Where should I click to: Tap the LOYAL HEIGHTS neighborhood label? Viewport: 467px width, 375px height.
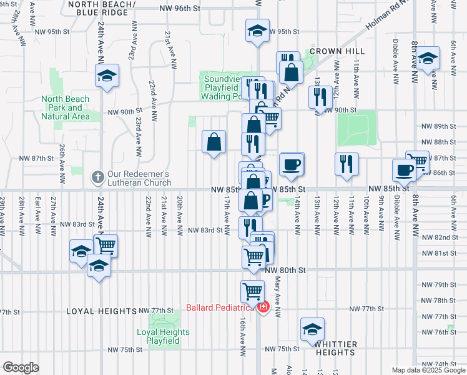pyautogui.click(x=102, y=311)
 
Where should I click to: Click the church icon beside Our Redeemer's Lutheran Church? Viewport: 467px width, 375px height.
pyautogui.click(x=97, y=177)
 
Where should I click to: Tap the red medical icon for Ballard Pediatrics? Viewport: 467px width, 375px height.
pyautogui.click(x=263, y=307)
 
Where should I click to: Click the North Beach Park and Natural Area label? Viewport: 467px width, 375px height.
pyautogui.click(x=66, y=107)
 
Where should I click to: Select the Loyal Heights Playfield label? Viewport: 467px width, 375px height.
pyautogui.click(x=163, y=336)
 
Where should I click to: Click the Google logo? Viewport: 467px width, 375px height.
pyautogui.click(x=21, y=367)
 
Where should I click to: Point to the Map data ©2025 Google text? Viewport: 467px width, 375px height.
pyautogui.click(x=428, y=370)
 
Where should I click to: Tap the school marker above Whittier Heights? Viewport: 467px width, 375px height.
pyautogui.click(x=312, y=330)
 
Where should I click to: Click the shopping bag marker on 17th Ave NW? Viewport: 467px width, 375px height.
pyautogui.click(x=214, y=142)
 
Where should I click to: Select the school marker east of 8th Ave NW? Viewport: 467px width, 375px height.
pyautogui.click(x=428, y=59)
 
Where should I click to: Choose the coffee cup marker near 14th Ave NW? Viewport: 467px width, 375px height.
pyautogui.click(x=291, y=165)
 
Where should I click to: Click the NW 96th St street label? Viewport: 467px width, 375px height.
pyautogui.click(x=180, y=9)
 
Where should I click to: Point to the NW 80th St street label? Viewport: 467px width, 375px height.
pyautogui.click(x=285, y=270)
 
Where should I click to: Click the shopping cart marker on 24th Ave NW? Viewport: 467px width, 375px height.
pyautogui.click(x=106, y=245)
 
